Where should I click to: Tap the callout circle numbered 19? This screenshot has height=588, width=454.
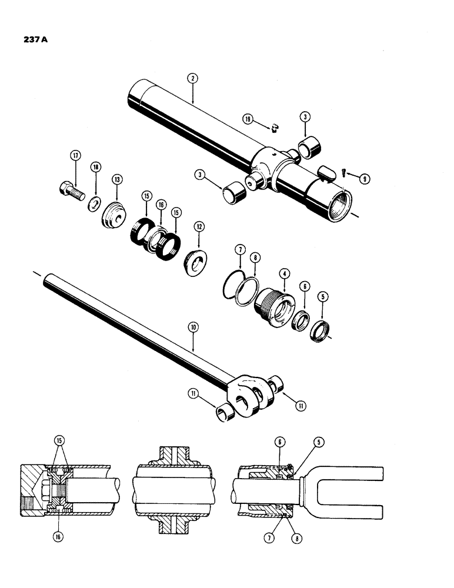tap(248, 119)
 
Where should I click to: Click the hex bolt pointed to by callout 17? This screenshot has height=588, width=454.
tap(72, 192)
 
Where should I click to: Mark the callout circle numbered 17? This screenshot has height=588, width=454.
tap(75, 156)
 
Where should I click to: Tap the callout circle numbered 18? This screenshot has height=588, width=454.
tap(96, 167)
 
